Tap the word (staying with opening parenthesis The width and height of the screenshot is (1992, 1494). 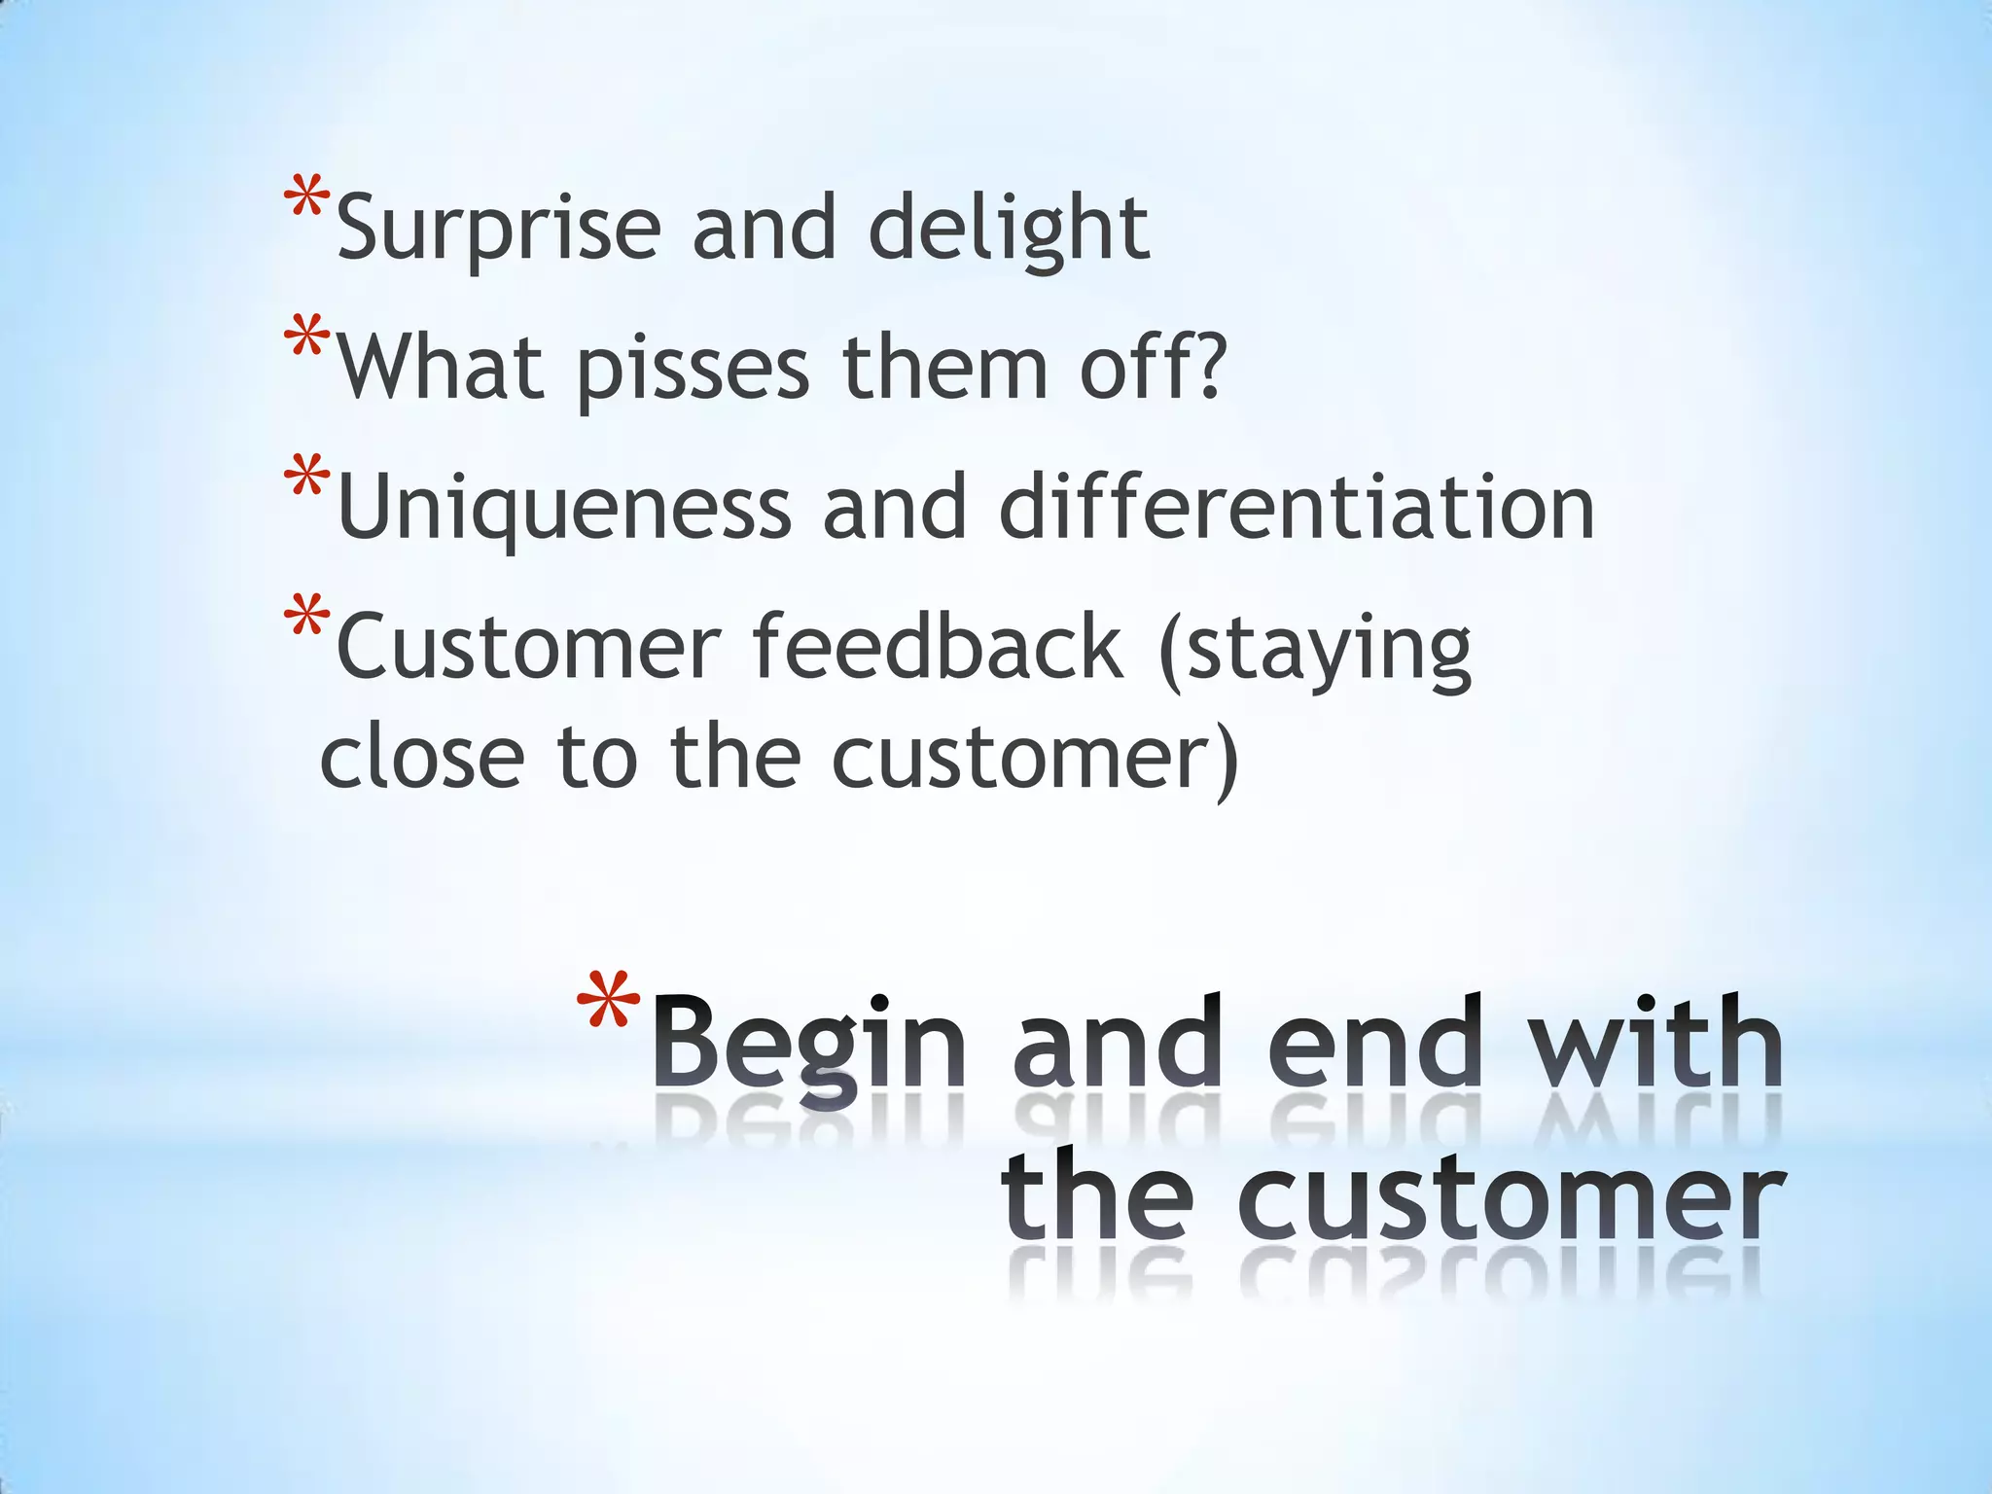click(1314, 650)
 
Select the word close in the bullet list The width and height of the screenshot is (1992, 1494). click(422, 759)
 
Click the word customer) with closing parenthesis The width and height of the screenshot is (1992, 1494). click(1035, 759)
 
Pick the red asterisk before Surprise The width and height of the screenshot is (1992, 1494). click(306, 199)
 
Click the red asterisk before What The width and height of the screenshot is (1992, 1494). click(306, 340)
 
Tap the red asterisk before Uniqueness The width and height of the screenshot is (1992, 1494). click(306, 480)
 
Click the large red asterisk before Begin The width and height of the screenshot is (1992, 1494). click(608, 1007)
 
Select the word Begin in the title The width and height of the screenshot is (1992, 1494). click(809, 1046)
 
